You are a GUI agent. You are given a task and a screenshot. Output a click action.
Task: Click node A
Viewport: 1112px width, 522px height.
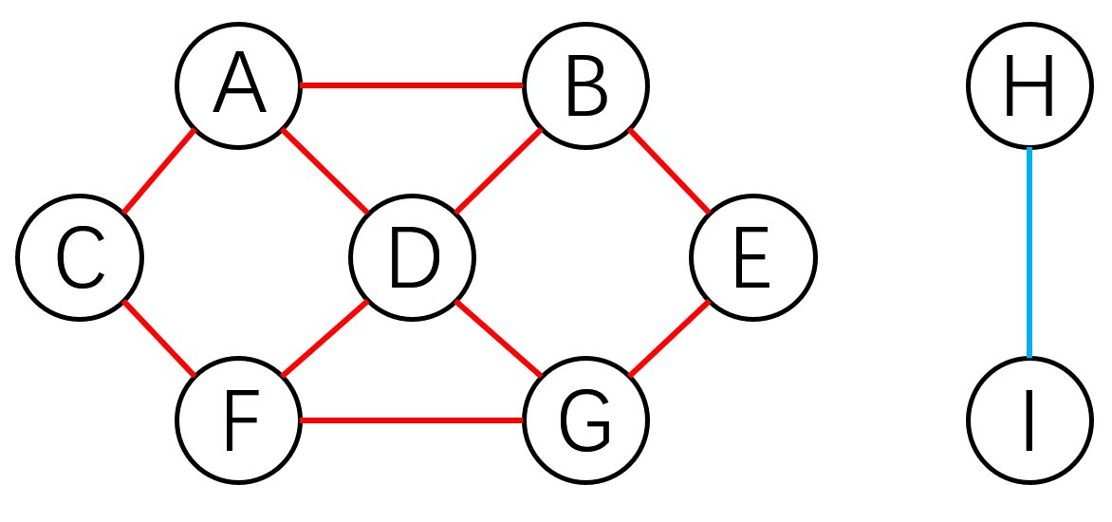pyautogui.click(x=239, y=86)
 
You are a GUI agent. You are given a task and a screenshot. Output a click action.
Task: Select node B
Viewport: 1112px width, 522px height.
pyautogui.click(x=585, y=86)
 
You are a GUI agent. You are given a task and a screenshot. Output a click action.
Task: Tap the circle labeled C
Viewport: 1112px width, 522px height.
pyautogui.click(x=80, y=257)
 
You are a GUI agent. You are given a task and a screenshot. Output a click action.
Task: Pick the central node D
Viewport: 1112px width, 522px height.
pyautogui.click(x=412, y=257)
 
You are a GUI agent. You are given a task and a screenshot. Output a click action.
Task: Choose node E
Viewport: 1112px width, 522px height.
pyautogui.click(x=752, y=257)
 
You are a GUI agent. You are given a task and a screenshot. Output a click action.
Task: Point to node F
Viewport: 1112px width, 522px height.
pyautogui.click(x=239, y=420)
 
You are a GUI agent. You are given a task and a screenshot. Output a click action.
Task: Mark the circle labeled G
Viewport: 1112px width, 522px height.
pyautogui.click(x=585, y=420)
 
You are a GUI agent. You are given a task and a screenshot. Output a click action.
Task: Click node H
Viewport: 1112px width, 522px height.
pyautogui.click(x=1029, y=86)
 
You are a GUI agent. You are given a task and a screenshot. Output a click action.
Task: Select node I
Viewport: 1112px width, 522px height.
pyautogui.click(x=1029, y=420)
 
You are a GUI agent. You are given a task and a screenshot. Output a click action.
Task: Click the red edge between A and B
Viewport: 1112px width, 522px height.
pyautogui.click(x=412, y=86)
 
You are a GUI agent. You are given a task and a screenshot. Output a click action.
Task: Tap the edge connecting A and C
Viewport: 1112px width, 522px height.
pyautogui.click(x=158, y=172)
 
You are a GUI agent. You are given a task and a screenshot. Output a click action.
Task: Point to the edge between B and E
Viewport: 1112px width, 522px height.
pyautogui.click(x=669, y=172)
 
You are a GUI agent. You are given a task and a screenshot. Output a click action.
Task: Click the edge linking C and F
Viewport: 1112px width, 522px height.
pyautogui.click(x=158, y=339)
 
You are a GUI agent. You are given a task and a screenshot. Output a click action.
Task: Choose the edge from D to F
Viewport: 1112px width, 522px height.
pyautogui.click(x=325, y=339)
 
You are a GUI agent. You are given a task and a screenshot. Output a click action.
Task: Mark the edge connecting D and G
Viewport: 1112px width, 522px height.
pyautogui.click(x=498, y=339)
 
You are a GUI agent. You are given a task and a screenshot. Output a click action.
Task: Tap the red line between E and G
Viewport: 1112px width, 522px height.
pyautogui.click(x=669, y=339)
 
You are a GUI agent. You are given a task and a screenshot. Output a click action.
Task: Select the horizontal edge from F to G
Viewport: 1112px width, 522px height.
pyautogui.click(x=412, y=420)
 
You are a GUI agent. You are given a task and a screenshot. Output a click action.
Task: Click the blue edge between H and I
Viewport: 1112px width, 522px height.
pyautogui.click(x=1029, y=253)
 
